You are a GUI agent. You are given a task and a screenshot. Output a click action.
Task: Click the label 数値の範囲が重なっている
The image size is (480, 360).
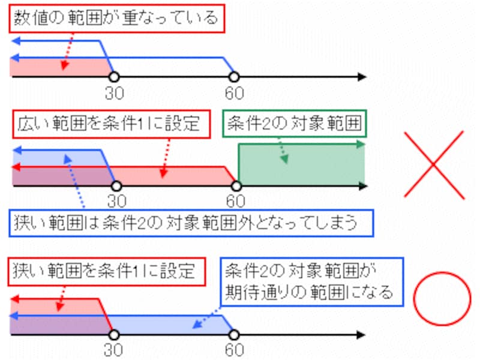116,17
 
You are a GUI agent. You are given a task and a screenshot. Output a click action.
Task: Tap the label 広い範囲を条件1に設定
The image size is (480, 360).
112,124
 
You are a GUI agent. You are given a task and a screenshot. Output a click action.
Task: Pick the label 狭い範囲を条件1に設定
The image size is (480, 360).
104,271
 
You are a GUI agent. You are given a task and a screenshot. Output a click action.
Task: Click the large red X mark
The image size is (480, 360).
434,163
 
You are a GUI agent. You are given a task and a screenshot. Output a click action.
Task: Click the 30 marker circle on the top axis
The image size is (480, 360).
113,77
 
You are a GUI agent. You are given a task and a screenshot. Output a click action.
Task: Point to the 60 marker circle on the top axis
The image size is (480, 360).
235,77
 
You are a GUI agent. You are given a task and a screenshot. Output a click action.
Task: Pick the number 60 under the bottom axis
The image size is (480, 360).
235,349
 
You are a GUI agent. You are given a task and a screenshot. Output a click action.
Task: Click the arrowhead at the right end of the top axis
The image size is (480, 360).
361,77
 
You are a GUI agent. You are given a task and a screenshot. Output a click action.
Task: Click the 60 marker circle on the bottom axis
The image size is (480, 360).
235,334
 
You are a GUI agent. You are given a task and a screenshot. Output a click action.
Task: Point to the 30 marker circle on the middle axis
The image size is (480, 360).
113,186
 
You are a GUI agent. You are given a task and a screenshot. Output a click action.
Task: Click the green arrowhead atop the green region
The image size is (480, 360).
360,144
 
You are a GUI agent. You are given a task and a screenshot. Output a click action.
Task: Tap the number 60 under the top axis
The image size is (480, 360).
235,93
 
